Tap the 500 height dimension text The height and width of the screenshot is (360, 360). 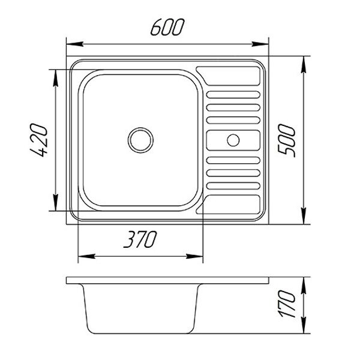pyautogui.click(x=287, y=141)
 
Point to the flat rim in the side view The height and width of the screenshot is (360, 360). pyautogui.click(x=167, y=280)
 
